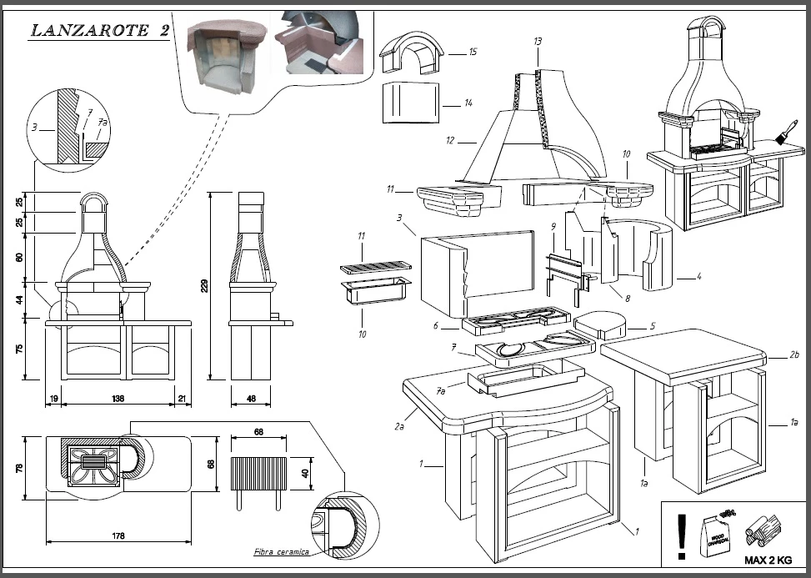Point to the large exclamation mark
pyautogui.click(x=683, y=535)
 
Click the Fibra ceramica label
pyautogui.click(x=282, y=552)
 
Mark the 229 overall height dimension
pyautogui.click(x=203, y=286)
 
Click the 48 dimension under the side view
pyautogui.click(x=252, y=400)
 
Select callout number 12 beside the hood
pyautogui.click(x=450, y=141)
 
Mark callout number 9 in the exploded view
pyautogui.click(x=552, y=226)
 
